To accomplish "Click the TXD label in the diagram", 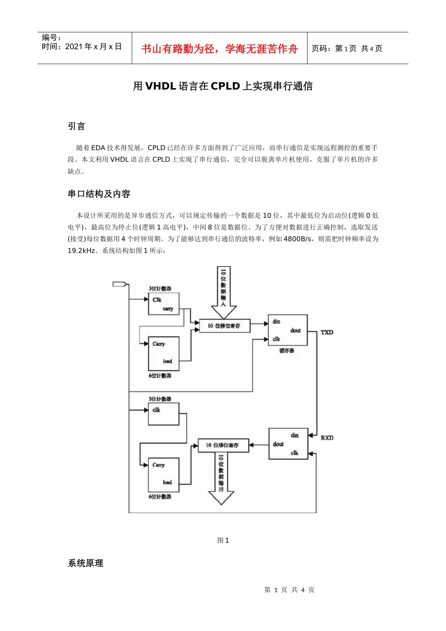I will click(x=327, y=332).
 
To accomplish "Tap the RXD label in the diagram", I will click(x=327, y=438).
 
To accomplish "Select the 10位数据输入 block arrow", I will click(x=223, y=291).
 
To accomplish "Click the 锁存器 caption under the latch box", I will click(x=286, y=351).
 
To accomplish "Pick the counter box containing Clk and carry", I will click(x=163, y=304).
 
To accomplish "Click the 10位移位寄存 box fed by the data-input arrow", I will click(x=224, y=325).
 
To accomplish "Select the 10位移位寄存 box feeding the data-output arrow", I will click(x=222, y=445).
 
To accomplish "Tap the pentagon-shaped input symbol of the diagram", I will click(x=120, y=284).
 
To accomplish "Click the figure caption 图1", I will click(x=223, y=540).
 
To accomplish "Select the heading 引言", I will click(x=77, y=126).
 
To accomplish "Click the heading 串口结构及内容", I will click(x=99, y=194).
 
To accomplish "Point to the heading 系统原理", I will click(x=85, y=563).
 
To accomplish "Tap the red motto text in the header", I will click(x=219, y=49).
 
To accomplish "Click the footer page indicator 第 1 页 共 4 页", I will click(x=289, y=590).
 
